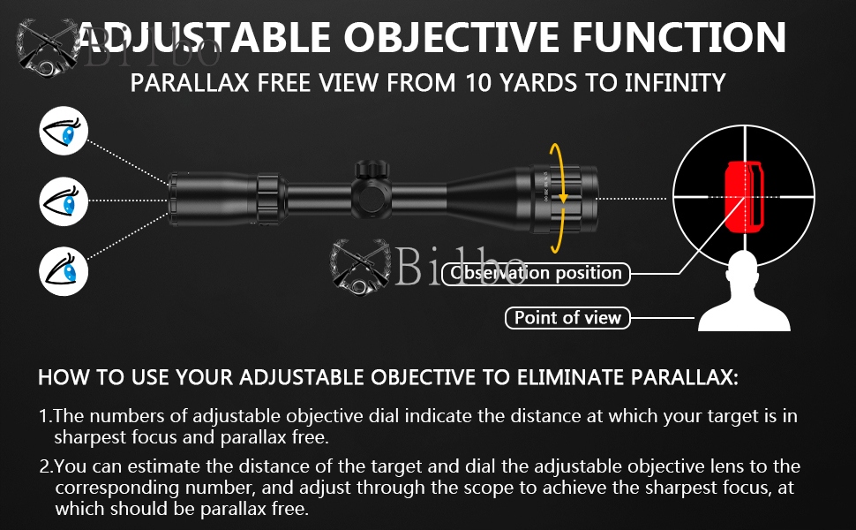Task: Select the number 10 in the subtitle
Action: pyautogui.click(x=483, y=83)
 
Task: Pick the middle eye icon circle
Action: pyautogui.click(x=64, y=201)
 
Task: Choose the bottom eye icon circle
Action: pyautogui.click(x=64, y=269)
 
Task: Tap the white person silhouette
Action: pyautogui.click(x=744, y=296)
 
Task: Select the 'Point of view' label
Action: pyautogui.click(x=567, y=317)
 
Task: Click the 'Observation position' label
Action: pyautogui.click(x=537, y=273)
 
